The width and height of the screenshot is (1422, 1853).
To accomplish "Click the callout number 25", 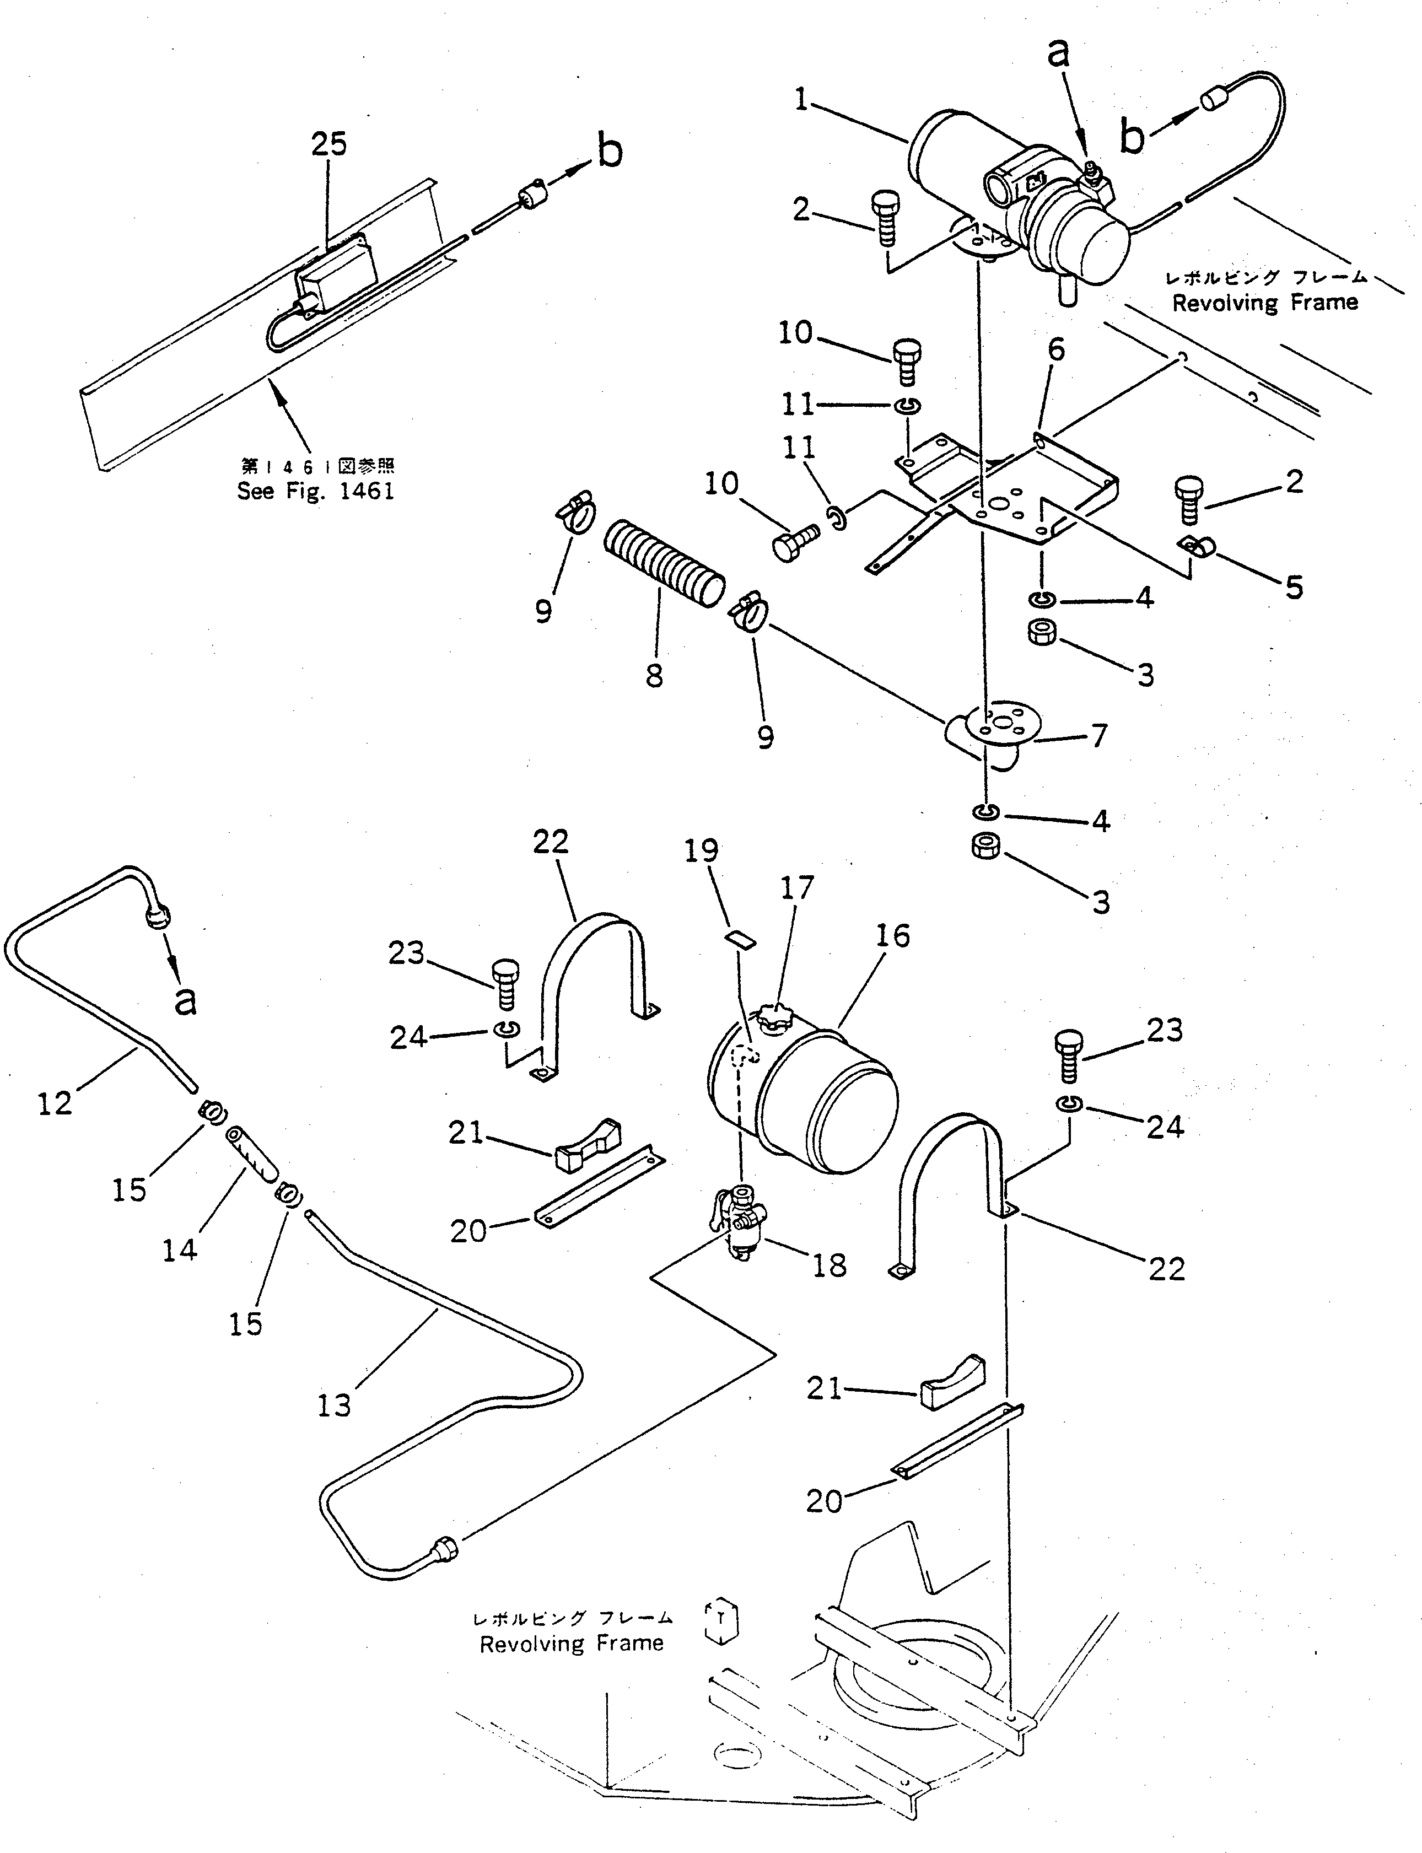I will coord(328,145).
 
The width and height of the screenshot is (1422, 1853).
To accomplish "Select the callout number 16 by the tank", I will coord(892,936).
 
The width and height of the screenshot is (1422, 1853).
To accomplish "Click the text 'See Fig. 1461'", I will coord(316,491).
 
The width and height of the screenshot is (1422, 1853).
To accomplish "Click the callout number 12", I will coord(55,1104).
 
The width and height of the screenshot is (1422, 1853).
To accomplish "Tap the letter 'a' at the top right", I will coord(1058,52).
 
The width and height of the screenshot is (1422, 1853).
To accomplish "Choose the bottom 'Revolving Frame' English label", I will coord(572,1644).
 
